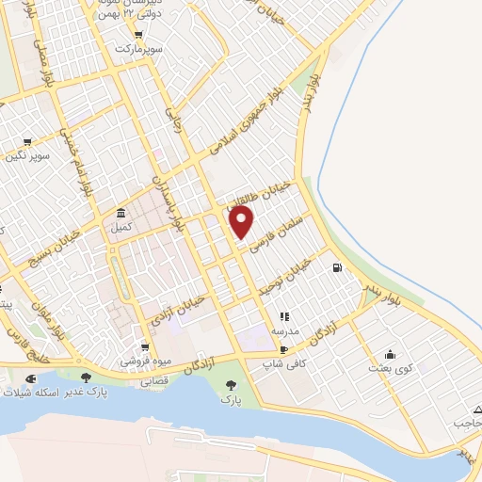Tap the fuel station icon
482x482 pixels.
[336, 267]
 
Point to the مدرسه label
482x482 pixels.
[284, 331]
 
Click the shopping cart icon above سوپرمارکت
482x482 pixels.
[139, 35]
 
